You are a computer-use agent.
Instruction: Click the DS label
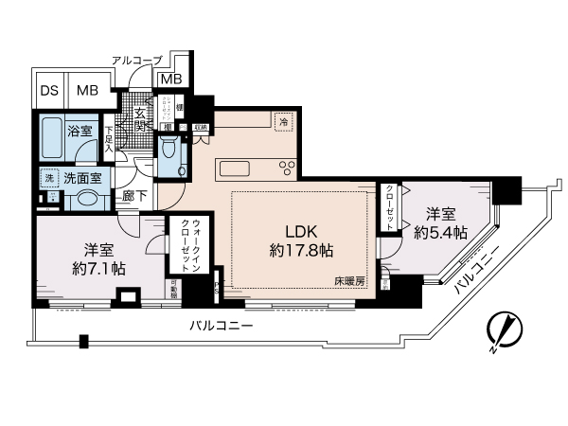coord(47,92)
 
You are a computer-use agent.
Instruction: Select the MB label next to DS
coord(86,92)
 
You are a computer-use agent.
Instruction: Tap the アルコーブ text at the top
coord(136,61)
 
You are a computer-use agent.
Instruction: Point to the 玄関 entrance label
coord(140,122)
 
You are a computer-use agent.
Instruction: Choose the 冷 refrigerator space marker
coord(282,120)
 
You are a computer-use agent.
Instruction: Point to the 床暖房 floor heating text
coord(348,280)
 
